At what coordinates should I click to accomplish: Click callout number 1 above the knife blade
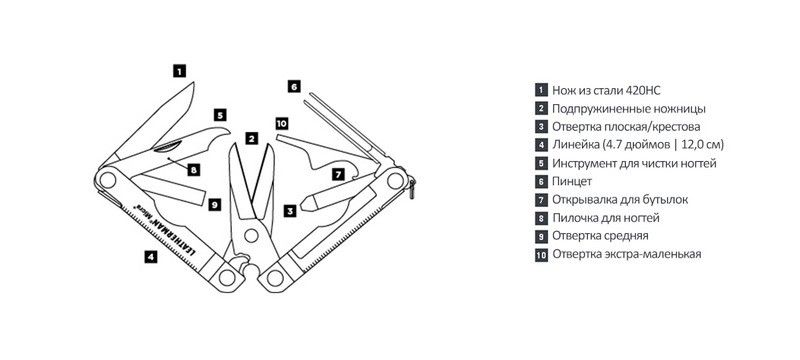[179, 70]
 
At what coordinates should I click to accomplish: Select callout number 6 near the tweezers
[293, 86]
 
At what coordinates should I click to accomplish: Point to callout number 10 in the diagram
[282, 123]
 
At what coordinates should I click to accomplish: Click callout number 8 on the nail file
[193, 169]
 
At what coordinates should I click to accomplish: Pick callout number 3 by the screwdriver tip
[290, 210]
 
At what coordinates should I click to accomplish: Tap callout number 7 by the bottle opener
[338, 174]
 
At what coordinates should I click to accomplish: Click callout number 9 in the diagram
[215, 204]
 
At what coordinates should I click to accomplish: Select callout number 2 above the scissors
[251, 138]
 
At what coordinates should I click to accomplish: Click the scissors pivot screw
[251, 235]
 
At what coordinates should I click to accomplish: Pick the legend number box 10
[541, 254]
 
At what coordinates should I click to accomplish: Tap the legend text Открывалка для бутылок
[620, 199]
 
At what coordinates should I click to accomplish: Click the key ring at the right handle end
[412, 188]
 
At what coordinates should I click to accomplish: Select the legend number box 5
[541, 163]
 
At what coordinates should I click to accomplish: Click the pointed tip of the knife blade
[194, 82]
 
